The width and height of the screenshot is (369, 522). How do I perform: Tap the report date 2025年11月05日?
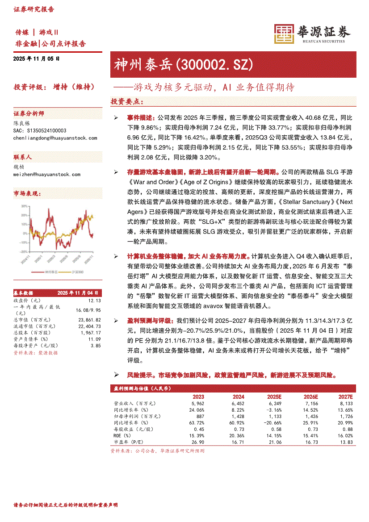pos(37,58)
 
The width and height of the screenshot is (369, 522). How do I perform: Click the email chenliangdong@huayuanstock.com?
pos(55,138)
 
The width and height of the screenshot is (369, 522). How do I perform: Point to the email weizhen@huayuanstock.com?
pos(47,174)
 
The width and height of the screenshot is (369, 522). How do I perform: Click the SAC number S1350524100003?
pos(40,130)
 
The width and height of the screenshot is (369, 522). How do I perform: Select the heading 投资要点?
pos(127,101)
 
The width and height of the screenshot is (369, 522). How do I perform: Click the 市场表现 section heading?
pos(27,193)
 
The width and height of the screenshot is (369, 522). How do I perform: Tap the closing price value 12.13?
pos(95,301)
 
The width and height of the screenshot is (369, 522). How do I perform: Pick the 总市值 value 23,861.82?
pos(89,320)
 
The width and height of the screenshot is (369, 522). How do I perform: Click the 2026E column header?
pos(311,397)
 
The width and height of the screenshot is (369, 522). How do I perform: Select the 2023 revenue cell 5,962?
pos(197,404)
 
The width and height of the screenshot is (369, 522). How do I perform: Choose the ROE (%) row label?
pos(122,435)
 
